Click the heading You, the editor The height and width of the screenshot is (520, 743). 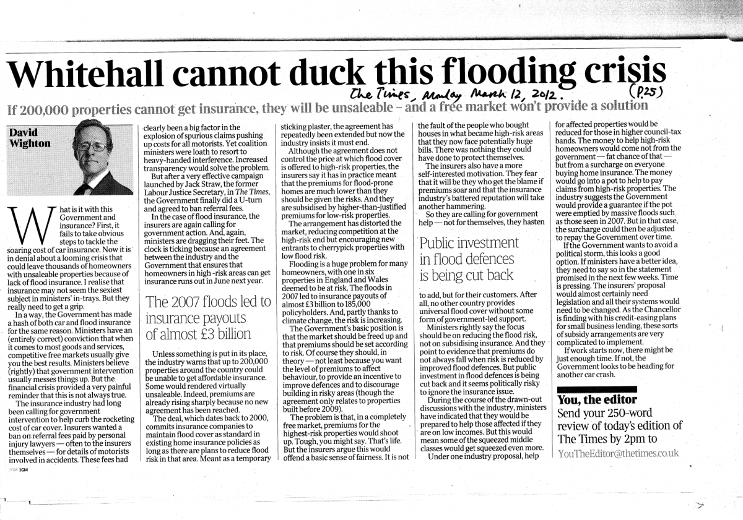[x=597, y=399]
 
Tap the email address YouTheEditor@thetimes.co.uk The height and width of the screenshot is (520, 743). [x=618, y=453]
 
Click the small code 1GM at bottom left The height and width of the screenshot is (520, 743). [x=24, y=470]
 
